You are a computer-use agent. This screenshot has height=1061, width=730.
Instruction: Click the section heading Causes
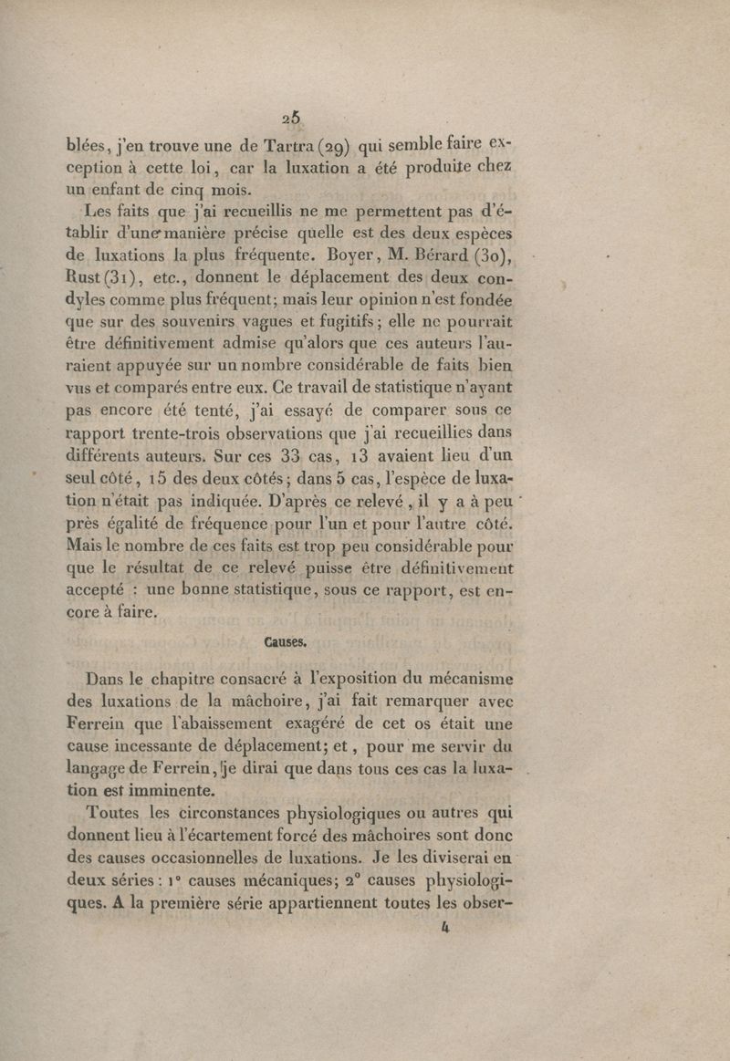[x=366, y=641]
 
